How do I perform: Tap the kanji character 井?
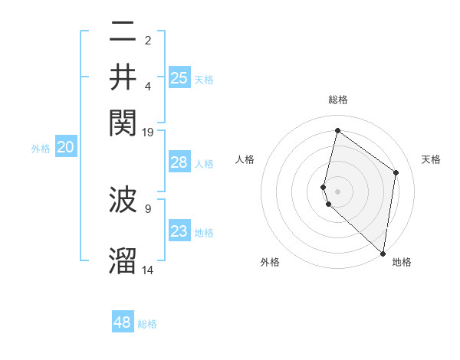(x=123, y=77)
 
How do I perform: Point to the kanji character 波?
(x=123, y=201)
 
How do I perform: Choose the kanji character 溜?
(x=123, y=260)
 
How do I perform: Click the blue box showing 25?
(x=179, y=77)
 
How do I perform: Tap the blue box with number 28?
(x=179, y=162)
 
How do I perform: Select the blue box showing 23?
(x=179, y=231)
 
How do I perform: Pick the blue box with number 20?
(x=65, y=148)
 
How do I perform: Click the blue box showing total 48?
(x=123, y=322)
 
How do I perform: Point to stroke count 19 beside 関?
(x=148, y=133)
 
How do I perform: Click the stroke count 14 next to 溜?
(x=148, y=270)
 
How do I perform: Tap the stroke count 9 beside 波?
(x=148, y=207)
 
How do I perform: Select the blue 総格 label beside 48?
(x=148, y=324)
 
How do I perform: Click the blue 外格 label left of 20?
(x=41, y=149)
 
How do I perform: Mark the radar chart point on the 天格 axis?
(x=396, y=172)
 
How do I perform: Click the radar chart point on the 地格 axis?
(x=383, y=254)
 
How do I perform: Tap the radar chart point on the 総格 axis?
(x=337, y=130)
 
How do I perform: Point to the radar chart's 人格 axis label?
(x=245, y=159)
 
